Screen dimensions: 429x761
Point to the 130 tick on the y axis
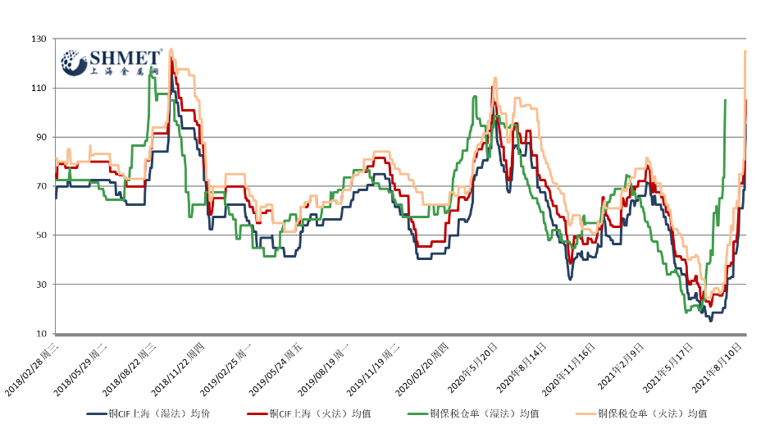[x=38, y=39]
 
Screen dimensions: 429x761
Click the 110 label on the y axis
[x=38, y=88]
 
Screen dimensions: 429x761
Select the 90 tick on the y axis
[x=39, y=137]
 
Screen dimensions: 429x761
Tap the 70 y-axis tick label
[x=39, y=186]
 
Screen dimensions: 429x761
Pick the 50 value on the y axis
[x=39, y=235]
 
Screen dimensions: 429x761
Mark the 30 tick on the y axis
[x=39, y=285]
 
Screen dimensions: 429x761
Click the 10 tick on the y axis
[x=39, y=334]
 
